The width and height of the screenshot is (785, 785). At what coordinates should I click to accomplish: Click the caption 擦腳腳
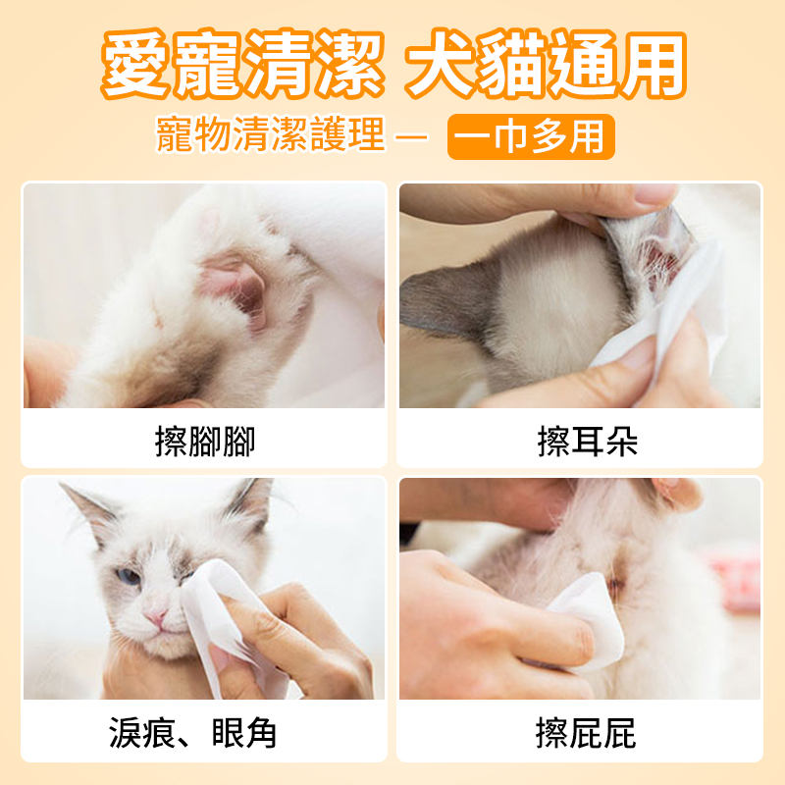tap(204, 442)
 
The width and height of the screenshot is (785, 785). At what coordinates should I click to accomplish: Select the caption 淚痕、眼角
tap(193, 732)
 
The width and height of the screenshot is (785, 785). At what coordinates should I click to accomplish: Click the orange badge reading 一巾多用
tap(531, 137)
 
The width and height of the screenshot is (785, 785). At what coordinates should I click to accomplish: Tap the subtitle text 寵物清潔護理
tap(271, 137)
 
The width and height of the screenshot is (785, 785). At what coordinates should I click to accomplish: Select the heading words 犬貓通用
tap(546, 67)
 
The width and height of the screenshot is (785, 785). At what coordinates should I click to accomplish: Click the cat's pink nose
tap(156, 615)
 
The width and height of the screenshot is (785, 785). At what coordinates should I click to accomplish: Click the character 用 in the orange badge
tap(588, 137)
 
